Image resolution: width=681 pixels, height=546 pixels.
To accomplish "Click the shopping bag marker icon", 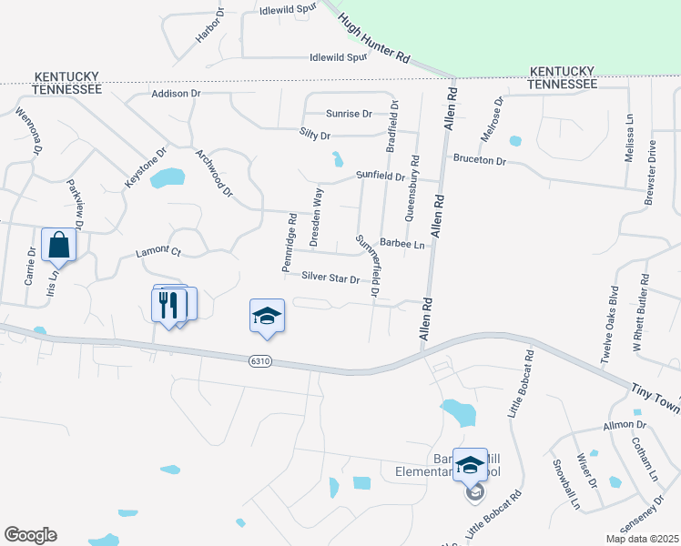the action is [x=58, y=245].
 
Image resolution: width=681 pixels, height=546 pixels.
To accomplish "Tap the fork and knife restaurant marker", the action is [x=168, y=303].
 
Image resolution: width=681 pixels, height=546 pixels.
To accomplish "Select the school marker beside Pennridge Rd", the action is [x=267, y=315].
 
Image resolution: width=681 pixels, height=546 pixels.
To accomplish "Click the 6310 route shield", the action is [x=260, y=361].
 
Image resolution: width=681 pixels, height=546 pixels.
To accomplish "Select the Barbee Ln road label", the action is [x=403, y=244].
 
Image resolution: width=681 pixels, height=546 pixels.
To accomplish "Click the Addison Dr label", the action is [x=176, y=94].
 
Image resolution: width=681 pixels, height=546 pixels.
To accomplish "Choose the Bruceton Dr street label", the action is [x=479, y=160].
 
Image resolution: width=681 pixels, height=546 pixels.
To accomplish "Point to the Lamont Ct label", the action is [x=158, y=252].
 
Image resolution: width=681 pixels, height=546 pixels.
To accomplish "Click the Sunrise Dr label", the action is [x=350, y=114].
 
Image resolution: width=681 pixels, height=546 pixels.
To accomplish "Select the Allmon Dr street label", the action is [x=624, y=425].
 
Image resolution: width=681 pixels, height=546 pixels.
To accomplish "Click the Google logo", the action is [x=30, y=535].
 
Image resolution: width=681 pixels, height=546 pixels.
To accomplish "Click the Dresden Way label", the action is [x=316, y=217].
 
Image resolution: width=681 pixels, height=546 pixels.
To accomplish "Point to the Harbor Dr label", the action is [x=209, y=27].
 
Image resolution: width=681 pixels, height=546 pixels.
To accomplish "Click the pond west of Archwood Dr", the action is [x=167, y=177].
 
